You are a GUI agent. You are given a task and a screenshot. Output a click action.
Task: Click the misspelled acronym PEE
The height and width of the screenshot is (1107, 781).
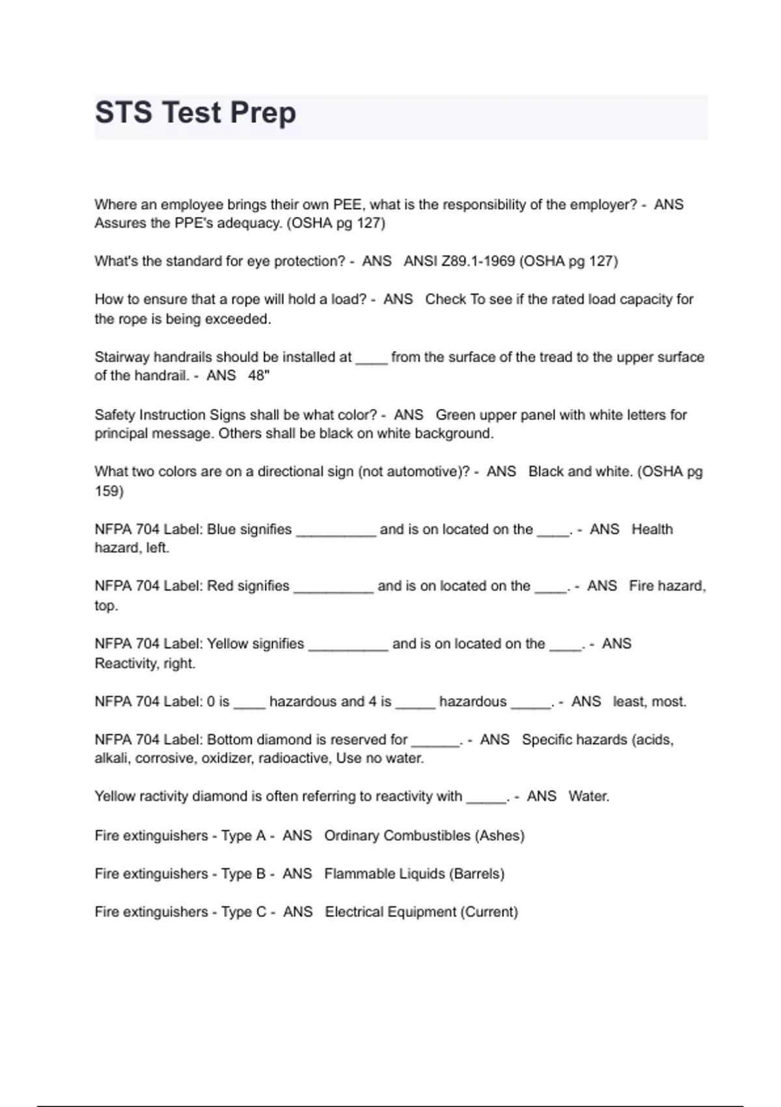pos(349,204)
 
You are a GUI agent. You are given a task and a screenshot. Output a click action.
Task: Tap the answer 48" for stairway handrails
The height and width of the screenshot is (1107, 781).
pos(258,376)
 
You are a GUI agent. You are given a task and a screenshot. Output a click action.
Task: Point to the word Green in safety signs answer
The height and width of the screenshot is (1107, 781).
pos(455,415)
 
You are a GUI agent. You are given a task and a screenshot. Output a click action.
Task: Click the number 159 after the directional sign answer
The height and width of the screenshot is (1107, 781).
pos(109,491)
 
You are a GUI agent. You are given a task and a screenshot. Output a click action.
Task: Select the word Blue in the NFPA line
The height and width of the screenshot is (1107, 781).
pos(221,529)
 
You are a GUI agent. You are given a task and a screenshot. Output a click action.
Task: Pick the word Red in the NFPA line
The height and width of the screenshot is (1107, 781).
pos(220,586)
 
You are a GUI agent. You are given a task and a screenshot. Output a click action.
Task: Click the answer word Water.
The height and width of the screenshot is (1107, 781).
pos(588,796)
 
